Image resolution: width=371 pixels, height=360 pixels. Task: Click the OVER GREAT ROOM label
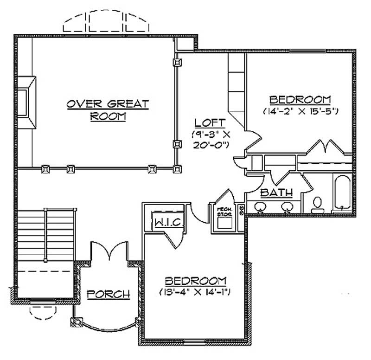point(108,110)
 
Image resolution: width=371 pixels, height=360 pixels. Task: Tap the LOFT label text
point(210,123)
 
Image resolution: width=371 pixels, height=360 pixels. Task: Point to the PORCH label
point(108,294)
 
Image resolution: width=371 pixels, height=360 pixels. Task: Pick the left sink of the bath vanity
point(259,207)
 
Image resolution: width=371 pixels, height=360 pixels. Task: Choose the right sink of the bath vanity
point(288,207)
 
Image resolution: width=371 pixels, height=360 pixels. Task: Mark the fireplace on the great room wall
point(29,103)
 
